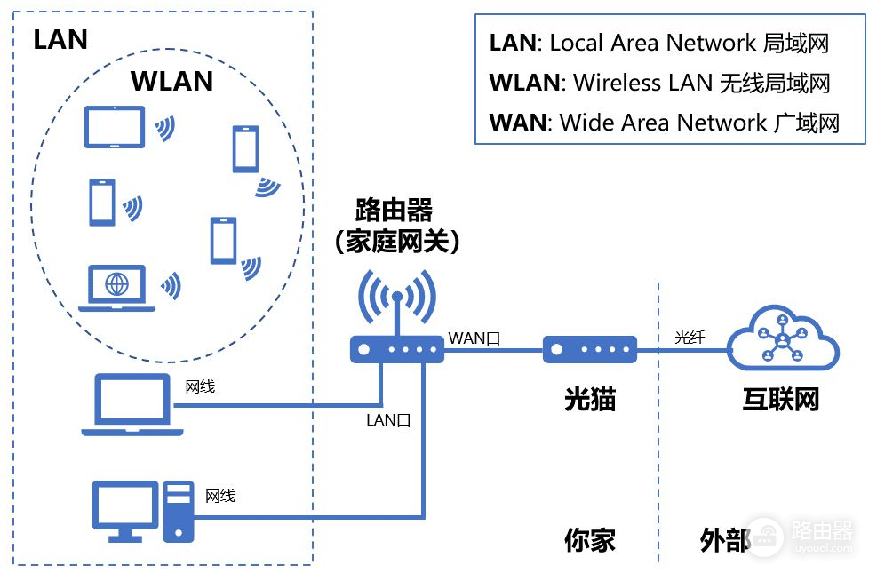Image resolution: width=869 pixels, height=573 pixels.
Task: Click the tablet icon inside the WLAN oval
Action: click(114, 126)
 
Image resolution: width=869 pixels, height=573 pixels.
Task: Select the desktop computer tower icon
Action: click(178, 511)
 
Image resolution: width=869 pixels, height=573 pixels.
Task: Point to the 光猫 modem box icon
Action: click(590, 350)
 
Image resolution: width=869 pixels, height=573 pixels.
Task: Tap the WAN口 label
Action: click(474, 338)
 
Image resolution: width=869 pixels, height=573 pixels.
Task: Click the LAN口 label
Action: click(389, 420)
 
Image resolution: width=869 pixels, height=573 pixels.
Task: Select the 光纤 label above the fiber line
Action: click(690, 337)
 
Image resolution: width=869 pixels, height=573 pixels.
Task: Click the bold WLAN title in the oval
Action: click(171, 81)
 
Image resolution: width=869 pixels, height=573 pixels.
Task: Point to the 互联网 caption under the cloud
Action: click(780, 399)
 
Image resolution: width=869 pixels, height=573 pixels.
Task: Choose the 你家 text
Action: click(590, 540)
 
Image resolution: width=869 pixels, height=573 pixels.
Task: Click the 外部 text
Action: click(725, 540)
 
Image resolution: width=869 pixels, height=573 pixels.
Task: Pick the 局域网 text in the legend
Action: click(795, 43)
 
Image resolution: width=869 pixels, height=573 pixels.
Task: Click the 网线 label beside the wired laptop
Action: click(199, 387)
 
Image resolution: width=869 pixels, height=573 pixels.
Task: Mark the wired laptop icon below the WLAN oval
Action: click(132, 405)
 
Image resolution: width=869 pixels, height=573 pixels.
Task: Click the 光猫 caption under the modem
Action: click(590, 399)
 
